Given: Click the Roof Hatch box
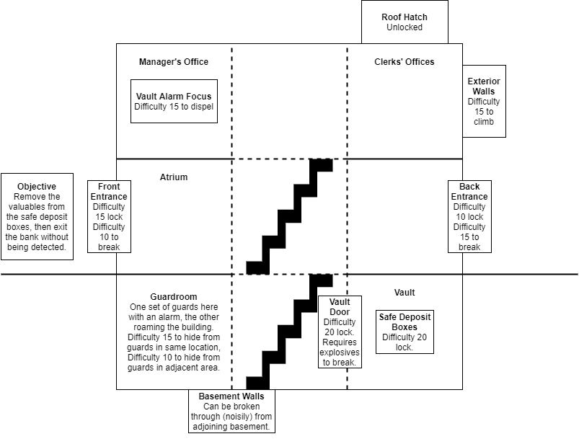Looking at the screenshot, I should [x=404, y=22].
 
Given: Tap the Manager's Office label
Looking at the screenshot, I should [x=174, y=62].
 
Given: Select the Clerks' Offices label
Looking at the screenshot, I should [x=404, y=62].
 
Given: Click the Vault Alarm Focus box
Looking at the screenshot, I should [x=174, y=101].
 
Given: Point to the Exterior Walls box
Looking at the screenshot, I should [x=484, y=101].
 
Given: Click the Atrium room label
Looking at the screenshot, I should [x=174, y=177].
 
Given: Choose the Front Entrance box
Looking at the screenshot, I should [x=109, y=216].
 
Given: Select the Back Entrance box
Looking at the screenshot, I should [x=469, y=216].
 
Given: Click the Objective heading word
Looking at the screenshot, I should [x=37, y=187].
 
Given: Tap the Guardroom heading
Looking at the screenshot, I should [x=174, y=296].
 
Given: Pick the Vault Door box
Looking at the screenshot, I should [x=340, y=332].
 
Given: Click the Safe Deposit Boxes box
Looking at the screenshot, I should [x=405, y=332].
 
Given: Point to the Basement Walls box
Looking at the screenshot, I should [x=231, y=411].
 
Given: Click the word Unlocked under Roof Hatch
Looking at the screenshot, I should [x=404, y=27].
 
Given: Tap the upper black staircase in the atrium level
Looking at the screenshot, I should [x=288, y=216].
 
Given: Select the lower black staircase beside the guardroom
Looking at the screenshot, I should [x=288, y=332].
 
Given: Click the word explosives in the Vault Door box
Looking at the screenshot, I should [x=340, y=352].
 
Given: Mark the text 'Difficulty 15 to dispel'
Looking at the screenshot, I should [x=174, y=107].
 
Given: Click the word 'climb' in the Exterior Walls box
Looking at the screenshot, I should [x=484, y=122].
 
